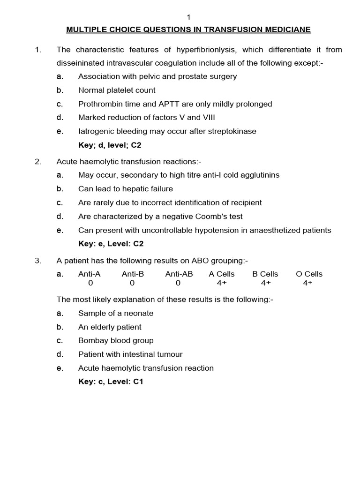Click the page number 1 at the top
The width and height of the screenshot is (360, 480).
(188, 17)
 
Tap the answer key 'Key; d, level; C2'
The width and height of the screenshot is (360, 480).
(110, 145)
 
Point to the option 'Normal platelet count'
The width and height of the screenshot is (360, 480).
(117, 90)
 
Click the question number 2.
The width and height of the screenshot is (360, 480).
(38, 162)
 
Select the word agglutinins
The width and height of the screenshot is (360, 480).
(259, 175)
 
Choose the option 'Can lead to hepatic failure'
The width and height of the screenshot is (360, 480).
(125, 189)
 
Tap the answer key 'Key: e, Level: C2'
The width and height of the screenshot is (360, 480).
(110, 244)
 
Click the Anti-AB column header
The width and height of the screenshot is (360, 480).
(179, 274)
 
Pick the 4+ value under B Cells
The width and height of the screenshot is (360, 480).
(265, 283)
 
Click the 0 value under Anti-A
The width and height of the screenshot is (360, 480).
(90, 283)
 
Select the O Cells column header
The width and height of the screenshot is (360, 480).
(309, 274)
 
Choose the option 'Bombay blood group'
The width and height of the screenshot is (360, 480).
(116, 341)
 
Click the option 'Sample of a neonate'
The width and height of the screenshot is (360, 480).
(116, 313)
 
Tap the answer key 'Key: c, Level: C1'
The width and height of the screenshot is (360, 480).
(110, 382)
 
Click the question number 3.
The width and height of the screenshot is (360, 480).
(38, 261)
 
